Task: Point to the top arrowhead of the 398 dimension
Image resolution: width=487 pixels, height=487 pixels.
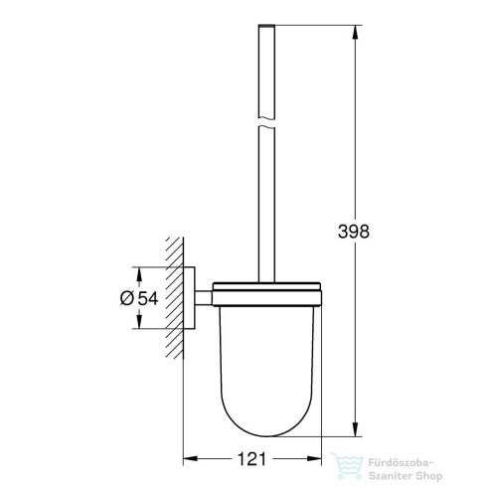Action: (355, 27)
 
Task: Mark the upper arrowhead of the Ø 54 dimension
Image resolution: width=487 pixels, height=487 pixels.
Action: (140, 271)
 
